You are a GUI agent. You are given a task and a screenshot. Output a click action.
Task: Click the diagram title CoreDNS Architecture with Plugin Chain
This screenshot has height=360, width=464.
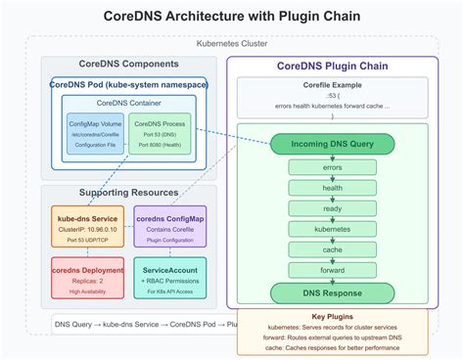[x=232, y=17]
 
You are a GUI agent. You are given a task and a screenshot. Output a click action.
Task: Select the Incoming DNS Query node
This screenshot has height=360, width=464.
[x=332, y=144]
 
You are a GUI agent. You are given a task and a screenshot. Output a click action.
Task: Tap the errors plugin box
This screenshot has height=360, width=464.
[x=332, y=167]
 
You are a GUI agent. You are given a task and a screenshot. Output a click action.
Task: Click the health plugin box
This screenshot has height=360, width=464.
[x=332, y=189]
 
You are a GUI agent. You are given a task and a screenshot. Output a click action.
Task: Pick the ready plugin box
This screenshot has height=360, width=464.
[x=332, y=209]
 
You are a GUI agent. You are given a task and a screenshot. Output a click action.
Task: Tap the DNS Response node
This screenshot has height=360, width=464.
[x=332, y=293]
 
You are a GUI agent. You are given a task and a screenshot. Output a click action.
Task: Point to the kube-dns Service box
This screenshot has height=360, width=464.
[x=88, y=227]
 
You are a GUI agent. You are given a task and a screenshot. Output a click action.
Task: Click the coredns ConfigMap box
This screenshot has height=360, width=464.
[x=170, y=227]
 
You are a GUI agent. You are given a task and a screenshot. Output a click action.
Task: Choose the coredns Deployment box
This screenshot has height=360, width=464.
[x=88, y=278]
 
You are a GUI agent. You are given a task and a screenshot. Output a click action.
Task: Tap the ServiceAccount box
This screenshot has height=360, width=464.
[x=170, y=278]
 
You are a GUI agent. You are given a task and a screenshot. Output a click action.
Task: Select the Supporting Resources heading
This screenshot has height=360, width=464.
[x=129, y=193]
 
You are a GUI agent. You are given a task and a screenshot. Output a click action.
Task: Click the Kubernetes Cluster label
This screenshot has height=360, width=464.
[x=232, y=45]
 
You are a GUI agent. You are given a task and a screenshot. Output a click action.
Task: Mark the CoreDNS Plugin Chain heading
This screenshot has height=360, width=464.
[x=332, y=66]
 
